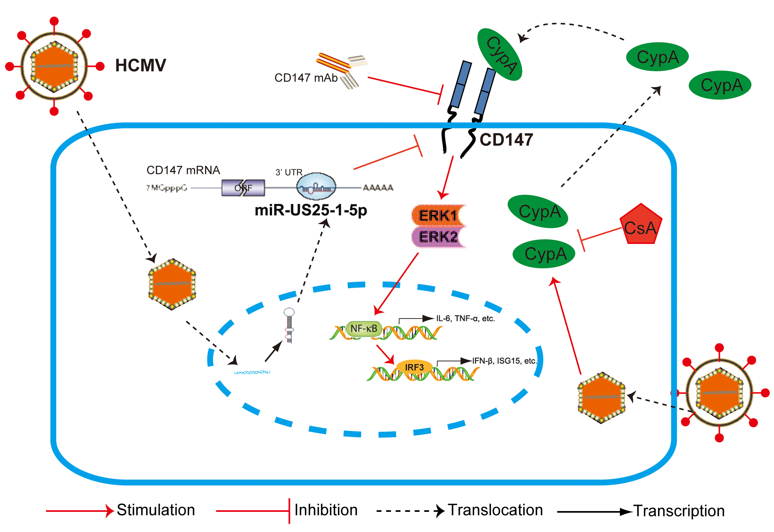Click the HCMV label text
click(x=140, y=65)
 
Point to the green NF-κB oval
click(x=363, y=328)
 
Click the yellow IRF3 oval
click(x=414, y=367)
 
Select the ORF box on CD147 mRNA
click(x=243, y=188)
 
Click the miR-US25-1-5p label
click(x=311, y=210)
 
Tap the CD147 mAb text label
click(x=306, y=78)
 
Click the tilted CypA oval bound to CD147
click(x=500, y=54)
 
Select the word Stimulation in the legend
click(x=156, y=510)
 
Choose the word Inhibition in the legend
click(x=326, y=510)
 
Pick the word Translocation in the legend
click(x=495, y=510)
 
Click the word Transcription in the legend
click(x=679, y=511)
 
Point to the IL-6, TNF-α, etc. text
click(x=465, y=319)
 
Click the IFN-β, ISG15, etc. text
click(x=504, y=361)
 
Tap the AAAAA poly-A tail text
click(x=377, y=188)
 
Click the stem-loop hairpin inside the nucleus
click(x=289, y=324)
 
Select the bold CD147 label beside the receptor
click(x=506, y=140)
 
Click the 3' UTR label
click(x=288, y=172)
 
